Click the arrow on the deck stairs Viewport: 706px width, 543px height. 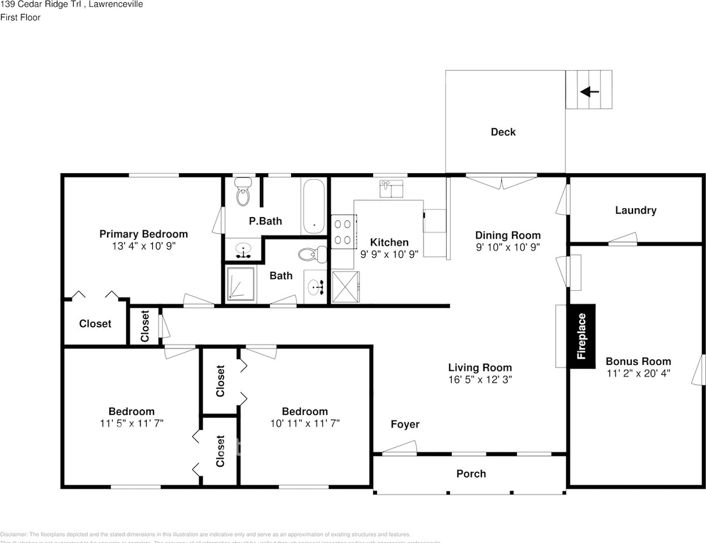(589, 91)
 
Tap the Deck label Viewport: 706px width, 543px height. (503, 132)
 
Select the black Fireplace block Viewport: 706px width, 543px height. (581, 337)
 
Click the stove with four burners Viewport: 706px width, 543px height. (343, 232)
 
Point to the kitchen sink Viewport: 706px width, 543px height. (391, 188)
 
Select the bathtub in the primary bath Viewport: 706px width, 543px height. (313, 206)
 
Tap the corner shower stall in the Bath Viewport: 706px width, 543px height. (241, 283)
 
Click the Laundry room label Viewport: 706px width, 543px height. (635, 210)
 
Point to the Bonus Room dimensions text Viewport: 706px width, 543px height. (638, 373)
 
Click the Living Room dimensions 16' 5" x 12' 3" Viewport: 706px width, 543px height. (480, 380)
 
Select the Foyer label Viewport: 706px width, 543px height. (405, 424)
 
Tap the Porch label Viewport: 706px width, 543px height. (471, 473)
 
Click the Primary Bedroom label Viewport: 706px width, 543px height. (143, 234)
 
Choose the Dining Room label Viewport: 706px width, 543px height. (507, 235)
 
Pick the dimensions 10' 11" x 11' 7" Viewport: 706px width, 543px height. (305, 423)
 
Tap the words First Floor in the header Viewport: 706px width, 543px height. (20, 18)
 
